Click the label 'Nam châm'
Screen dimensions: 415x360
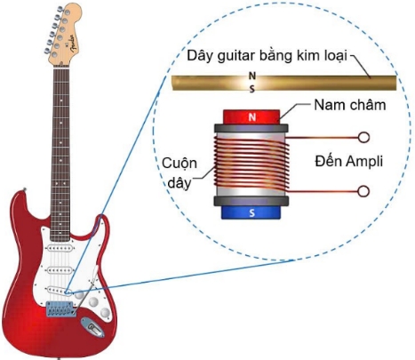[350, 105]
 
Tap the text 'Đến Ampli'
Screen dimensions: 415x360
[348, 162]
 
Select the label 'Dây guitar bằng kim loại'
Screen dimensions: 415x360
[267, 56]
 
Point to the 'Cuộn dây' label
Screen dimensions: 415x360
[180, 173]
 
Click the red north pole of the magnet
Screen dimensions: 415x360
[251, 116]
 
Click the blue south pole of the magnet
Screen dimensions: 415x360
[251, 212]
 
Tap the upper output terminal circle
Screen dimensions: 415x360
[363, 138]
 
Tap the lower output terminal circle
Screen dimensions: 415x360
[363, 191]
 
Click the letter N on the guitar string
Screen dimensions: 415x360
[252, 76]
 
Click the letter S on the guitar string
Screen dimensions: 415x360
[252, 89]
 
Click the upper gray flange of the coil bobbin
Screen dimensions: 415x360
[251, 128]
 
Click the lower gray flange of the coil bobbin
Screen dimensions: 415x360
[251, 201]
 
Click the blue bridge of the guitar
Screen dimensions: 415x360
[60, 308]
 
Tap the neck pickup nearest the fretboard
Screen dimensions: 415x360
[60, 248]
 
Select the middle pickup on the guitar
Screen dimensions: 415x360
[60, 270]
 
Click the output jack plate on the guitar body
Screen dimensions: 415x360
[93, 327]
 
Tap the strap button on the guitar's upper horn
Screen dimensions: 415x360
[25, 189]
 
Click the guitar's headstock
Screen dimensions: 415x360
[63, 35]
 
